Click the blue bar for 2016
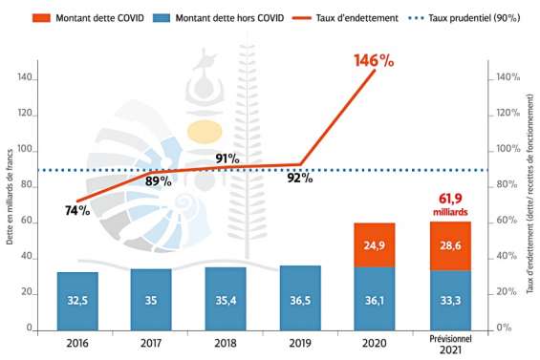tap(77, 300)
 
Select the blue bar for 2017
tap(151, 298)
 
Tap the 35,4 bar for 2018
tap(225, 298)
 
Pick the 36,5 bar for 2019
tap(300, 297)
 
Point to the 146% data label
tap(374, 59)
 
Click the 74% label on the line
tap(77, 210)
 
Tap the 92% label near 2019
tap(300, 178)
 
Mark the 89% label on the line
tap(159, 180)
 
